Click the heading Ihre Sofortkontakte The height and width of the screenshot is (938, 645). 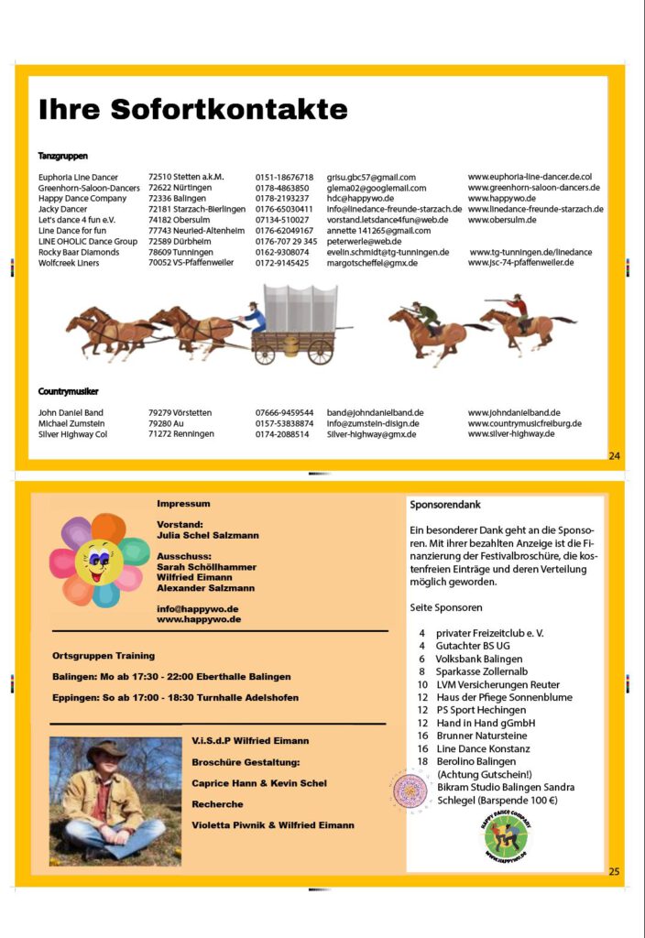(x=192, y=110)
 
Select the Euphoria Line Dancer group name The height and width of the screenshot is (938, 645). (x=78, y=178)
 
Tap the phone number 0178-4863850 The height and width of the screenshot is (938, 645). (x=282, y=188)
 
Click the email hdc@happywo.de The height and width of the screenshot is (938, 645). (x=360, y=199)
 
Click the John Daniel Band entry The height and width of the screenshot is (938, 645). (x=71, y=413)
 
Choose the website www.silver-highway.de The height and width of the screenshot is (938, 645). (x=511, y=434)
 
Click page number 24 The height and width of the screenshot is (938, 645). (x=614, y=455)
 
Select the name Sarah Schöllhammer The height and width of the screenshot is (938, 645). (x=207, y=567)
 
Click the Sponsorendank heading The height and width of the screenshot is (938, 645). (x=445, y=505)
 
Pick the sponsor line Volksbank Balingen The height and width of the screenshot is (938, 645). (x=479, y=659)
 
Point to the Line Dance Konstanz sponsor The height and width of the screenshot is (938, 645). (x=483, y=748)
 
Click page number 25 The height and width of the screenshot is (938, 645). (x=614, y=871)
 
